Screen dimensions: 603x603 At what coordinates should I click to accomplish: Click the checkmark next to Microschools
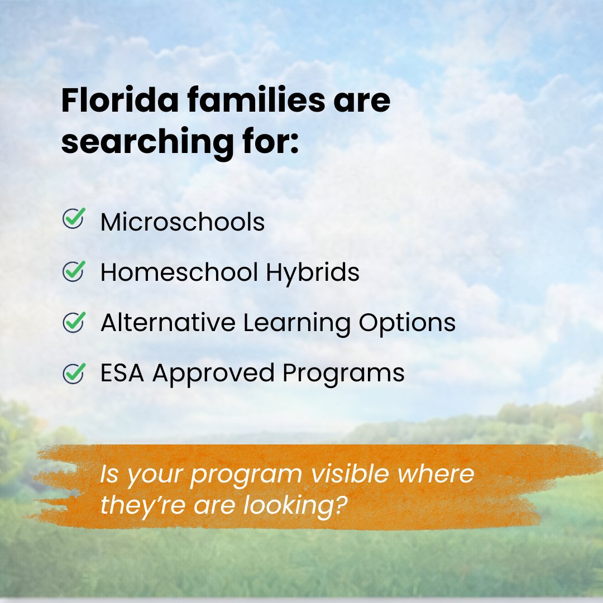(x=74, y=218)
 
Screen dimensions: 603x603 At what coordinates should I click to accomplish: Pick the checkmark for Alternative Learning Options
(x=74, y=322)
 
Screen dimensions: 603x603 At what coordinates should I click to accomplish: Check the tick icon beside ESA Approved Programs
(x=74, y=372)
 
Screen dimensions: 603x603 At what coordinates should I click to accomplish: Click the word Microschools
(x=183, y=222)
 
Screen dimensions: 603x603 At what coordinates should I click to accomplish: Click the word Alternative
(x=167, y=323)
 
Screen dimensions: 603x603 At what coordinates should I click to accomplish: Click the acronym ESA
(x=123, y=373)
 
